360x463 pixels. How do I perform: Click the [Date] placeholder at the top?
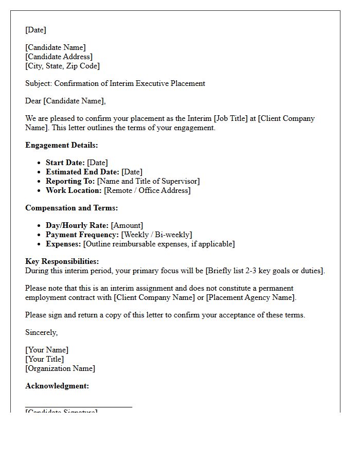pyautogui.click(x=35, y=30)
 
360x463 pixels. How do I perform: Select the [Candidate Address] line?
pyautogui.click(x=59, y=57)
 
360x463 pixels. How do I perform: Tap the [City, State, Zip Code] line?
pyautogui.click(x=62, y=66)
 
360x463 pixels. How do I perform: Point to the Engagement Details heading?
pyautogui.click(x=61, y=145)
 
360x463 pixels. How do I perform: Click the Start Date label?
pyautogui.click(x=65, y=163)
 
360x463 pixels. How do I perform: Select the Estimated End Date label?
pyautogui.click(x=82, y=172)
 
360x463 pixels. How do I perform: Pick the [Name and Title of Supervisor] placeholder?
pyautogui.click(x=148, y=181)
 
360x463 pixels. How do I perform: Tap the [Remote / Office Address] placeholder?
pyautogui.click(x=147, y=190)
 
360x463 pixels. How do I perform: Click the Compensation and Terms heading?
pyautogui.click(x=71, y=208)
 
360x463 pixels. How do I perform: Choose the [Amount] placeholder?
pyautogui.click(x=127, y=225)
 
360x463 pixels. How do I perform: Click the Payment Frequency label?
pyautogui.click(x=82, y=235)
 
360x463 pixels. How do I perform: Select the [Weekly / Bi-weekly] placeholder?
pyautogui.click(x=156, y=235)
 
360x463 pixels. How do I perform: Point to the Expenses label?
pyautogui.click(x=63, y=244)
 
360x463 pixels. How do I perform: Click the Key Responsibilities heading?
pyautogui.click(x=62, y=261)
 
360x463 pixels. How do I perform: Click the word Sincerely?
pyautogui.click(x=41, y=332)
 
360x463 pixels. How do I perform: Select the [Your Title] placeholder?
pyautogui.click(x=45, y=359)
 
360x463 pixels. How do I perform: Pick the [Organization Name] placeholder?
pyautogui.click(x=60, y=368)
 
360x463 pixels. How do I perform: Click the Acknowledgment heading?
pyautogui.click(x=57, y=386)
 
